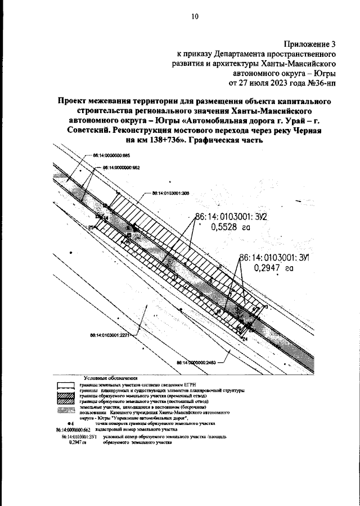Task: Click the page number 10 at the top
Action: coord(195,17)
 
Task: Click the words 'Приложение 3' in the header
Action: coord(308,43)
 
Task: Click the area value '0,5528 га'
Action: coord(229,228)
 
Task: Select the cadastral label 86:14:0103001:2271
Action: coord(110,335)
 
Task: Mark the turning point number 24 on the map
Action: coord(245,339)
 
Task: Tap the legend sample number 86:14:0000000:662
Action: coord(70,429)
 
